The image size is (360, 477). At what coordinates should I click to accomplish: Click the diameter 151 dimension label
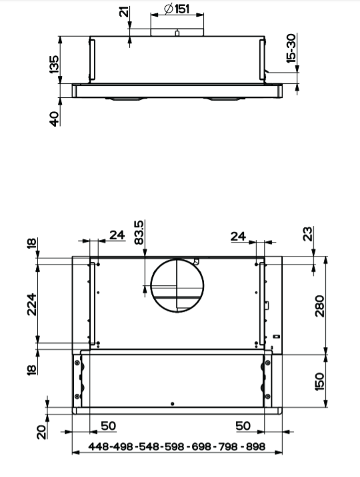pos(177,9)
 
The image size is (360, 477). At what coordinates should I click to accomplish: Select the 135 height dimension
pos(54,64)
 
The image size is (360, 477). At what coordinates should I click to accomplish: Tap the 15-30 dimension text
pos(291,48)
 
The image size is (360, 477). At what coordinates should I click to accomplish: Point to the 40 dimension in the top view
pos(54,119)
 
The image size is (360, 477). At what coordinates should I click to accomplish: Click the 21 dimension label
pos(124,11)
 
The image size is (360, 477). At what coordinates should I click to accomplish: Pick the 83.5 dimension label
pos(139,233)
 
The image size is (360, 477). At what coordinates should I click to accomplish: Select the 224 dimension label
pos(31,304)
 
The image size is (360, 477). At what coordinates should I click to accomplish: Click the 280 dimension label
pos(319,306)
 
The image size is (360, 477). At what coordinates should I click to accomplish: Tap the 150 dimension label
pos(319,381)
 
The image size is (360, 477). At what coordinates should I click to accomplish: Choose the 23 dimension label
pos(308,234)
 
